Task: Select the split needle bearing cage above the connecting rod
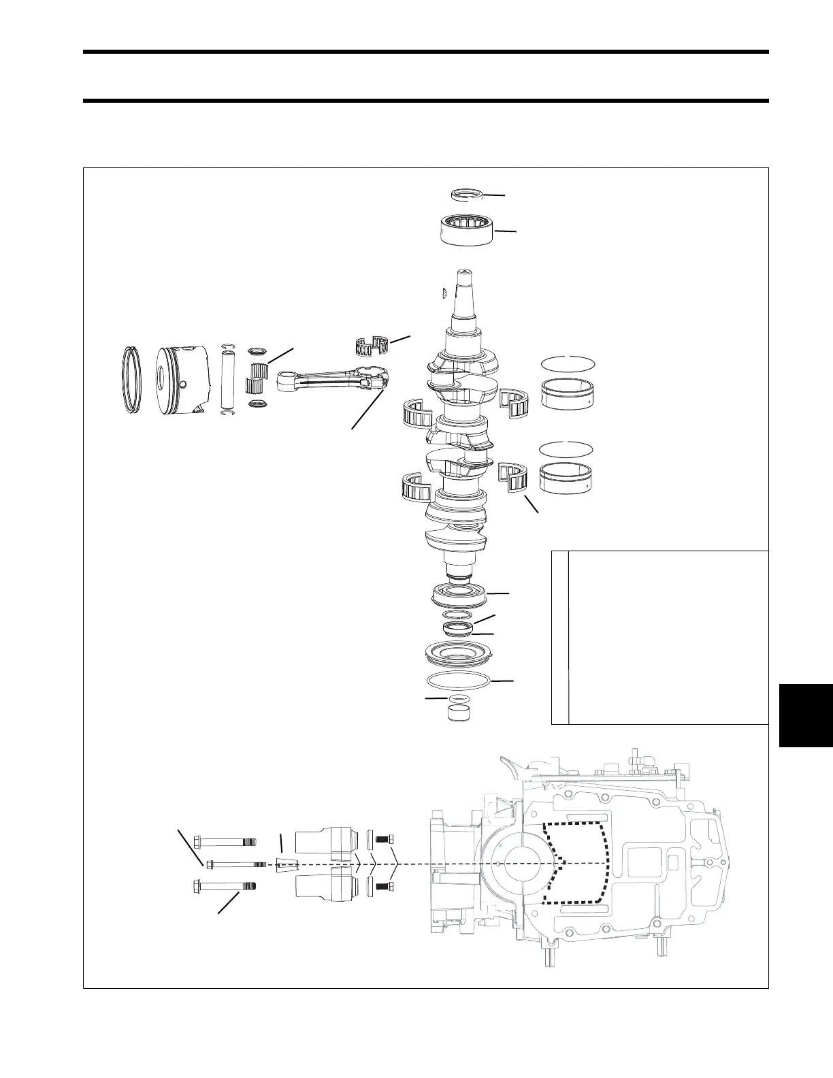tap(373, 346)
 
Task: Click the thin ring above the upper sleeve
tap(568, 363)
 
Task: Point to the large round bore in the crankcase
tap(523, 862)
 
